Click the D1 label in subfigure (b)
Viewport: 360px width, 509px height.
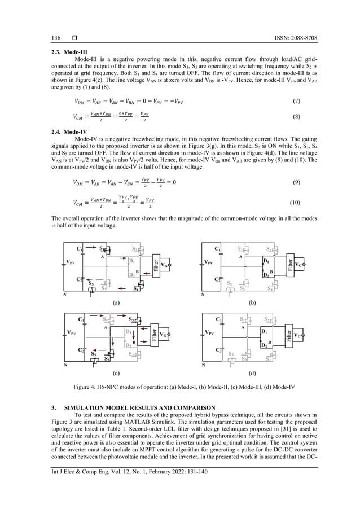click(266, 261)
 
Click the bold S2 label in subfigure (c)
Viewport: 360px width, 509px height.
click(131, 319)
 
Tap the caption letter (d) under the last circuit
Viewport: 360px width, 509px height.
click(252, 374)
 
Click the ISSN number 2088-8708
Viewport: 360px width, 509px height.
click(303, 38)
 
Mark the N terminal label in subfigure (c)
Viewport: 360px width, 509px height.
click(65, 365)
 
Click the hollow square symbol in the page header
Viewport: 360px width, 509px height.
click(73, 38)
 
